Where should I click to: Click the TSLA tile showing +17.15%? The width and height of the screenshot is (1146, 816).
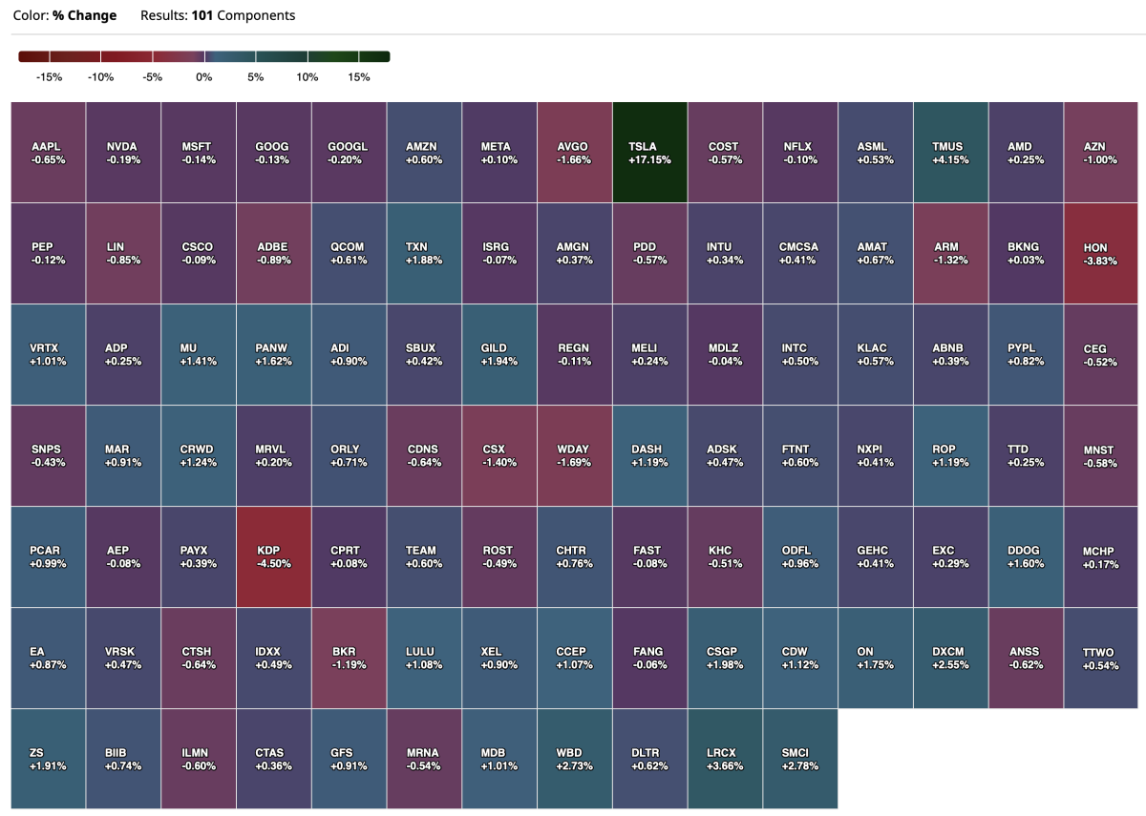click(649, 153)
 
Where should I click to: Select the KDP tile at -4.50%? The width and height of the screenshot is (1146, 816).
click(273, 556)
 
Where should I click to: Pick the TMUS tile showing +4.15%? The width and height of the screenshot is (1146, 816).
click(950, 153)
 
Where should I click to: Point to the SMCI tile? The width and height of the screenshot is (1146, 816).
click(800, 759)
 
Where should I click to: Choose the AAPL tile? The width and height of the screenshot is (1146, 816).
click(47, 153)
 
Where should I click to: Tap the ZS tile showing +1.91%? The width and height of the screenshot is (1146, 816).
click(47, 759)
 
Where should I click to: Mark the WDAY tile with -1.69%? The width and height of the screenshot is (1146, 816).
click(574, 455)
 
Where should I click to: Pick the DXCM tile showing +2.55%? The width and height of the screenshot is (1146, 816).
click(950, 658)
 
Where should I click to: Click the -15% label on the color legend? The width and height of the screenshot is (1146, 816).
click(49, 77)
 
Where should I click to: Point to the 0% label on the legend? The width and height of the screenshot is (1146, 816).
click(203, 77)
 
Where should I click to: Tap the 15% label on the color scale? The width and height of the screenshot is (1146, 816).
click(358, 77)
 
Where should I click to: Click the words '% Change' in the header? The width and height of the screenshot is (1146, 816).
click(86, 15)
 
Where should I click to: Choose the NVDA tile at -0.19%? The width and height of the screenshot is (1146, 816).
click(122, 153)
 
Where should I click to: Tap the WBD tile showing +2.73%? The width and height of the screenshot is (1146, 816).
click(574, 759)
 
